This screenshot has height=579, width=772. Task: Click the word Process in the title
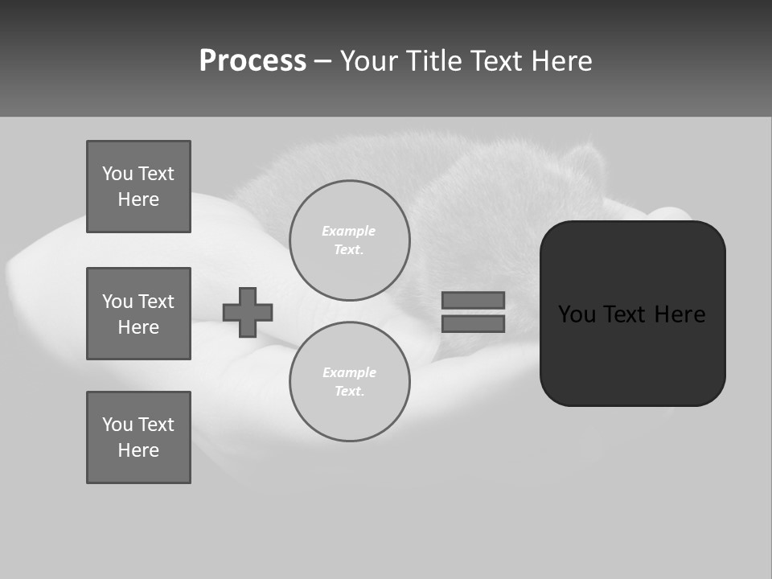tap(253, 61)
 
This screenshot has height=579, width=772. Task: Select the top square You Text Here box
tap(138, 187)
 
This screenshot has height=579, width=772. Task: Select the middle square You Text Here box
tap(138, 314)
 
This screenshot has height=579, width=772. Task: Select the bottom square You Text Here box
tap(138, 437)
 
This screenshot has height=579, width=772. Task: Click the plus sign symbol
tap(248, 312)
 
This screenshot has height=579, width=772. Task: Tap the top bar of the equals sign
tap(473, 300)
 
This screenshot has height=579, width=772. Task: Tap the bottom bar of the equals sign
tap(473, 324)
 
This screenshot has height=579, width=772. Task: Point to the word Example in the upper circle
tap(349, 231)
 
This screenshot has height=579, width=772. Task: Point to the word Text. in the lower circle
tap(349, 392)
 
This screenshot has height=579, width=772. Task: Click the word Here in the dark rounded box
tap(680, 314)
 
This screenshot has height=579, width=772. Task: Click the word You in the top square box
tap(117, 174)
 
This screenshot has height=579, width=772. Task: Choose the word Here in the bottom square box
tap(138, 450)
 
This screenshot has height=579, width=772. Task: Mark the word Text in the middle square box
tap(155, 302)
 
